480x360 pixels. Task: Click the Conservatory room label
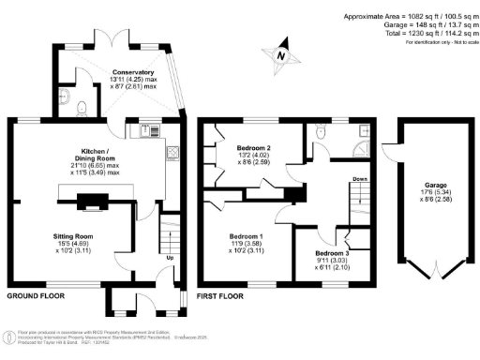tap(133, 72)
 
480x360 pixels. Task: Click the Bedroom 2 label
tap(253, 149)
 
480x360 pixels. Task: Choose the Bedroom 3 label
tap(332, 254)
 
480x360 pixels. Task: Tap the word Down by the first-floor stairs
tap(360, 179)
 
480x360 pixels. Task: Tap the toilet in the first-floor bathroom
tap(322, 133)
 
